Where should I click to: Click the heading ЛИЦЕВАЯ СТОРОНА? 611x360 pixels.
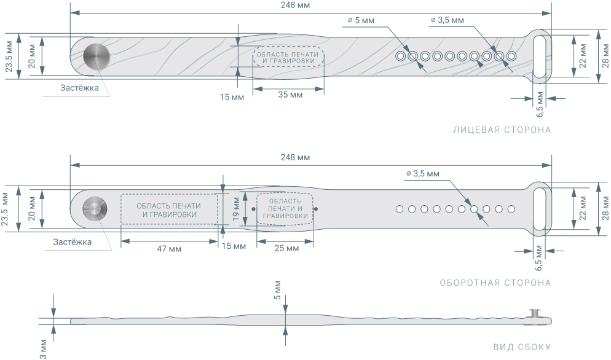click(502, 130)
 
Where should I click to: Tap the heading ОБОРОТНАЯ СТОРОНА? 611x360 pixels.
click(495, 283)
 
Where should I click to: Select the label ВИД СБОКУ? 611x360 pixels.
click(522, 347)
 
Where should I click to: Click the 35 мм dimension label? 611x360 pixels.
click(290, 95)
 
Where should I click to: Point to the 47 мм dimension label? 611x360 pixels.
click(169, 248)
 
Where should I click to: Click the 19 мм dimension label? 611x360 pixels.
click(237, 208)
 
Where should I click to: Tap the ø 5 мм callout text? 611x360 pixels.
click(360, 20)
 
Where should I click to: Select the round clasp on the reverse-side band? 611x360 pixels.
click(94, 209)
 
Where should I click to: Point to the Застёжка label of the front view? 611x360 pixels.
click(79, 88)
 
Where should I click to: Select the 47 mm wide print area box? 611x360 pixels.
click(169, 209)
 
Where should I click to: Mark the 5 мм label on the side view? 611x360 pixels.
click(277, 294)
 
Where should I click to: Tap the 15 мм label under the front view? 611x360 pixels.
click(231, 96)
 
